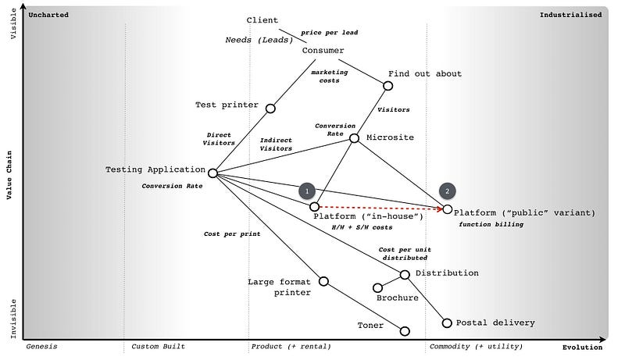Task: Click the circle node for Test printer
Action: [x=270, y=109]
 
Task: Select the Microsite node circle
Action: [x=354, y=138]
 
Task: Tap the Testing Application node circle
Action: [x=212, y=173]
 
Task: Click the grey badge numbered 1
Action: [x=307, y=191]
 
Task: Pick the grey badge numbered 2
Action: [x=447, y=191]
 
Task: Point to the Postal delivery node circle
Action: [x=447, y=323]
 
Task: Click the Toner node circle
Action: [x=405, y=331]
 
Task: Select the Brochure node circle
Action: [x=377, y=287]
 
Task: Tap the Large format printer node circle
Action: [x=323, y=281]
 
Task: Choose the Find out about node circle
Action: [x=388, y=86]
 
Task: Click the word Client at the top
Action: [x=262, y=20]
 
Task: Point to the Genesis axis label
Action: [x=41, y=346]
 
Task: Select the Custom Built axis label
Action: [x=158, y=346]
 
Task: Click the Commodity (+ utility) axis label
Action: [x=476, y=346]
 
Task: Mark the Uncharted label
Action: [x=48, y=15]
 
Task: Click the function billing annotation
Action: [x=491, y=224]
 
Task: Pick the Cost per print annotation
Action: [x=231, y=233]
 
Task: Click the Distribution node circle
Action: [x=405, y=274]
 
